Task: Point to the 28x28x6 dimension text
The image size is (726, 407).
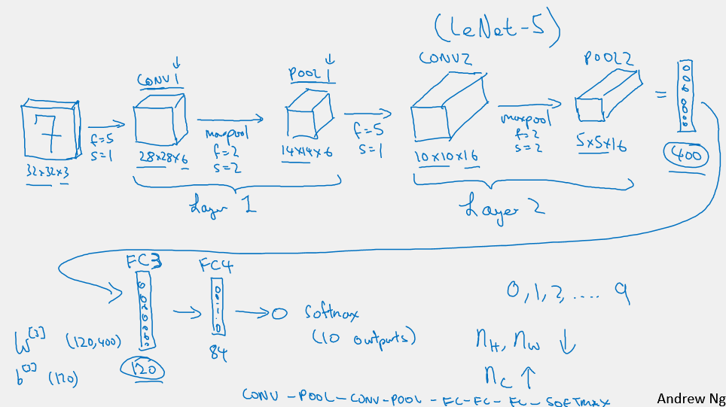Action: [x=162, y=157]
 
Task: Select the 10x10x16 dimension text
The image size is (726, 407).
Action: [x=447, y=156]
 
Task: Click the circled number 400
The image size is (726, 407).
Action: [x=685, y=156]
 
